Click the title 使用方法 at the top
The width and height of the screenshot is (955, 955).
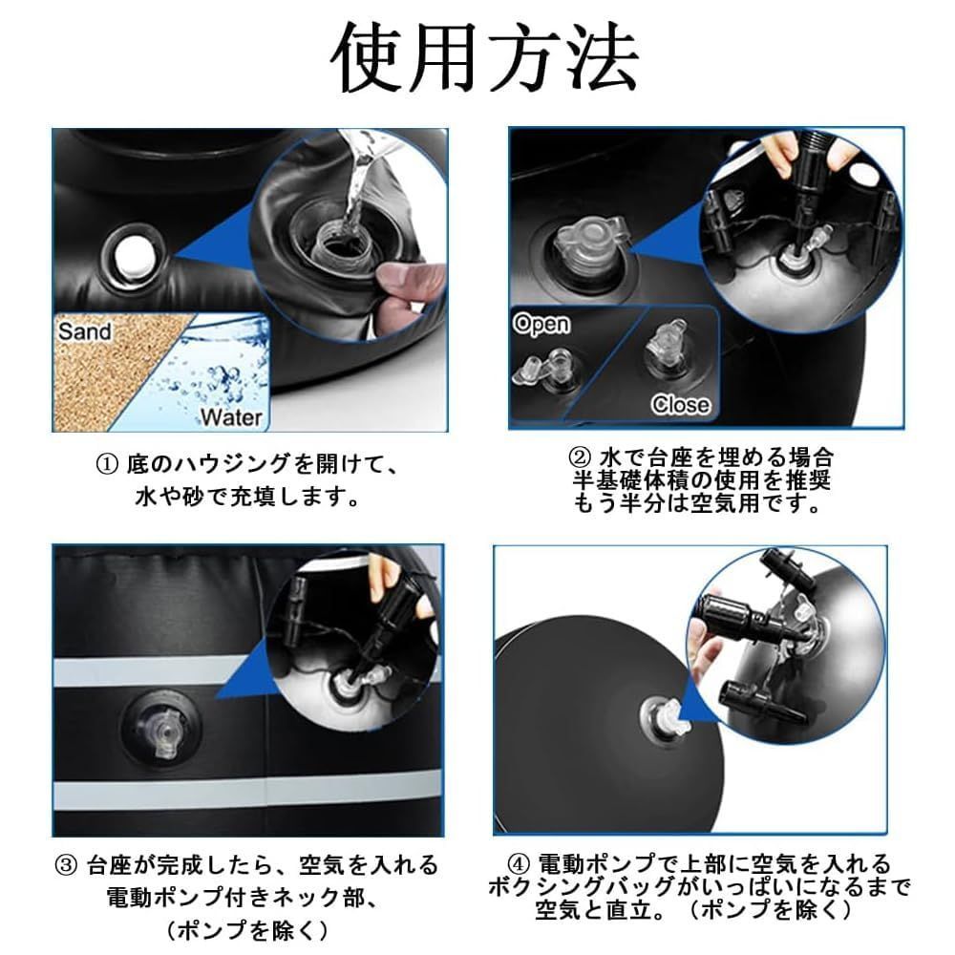pos(485,58)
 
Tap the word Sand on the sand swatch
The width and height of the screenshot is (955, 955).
pos(85,332)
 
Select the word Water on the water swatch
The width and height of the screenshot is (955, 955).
pos(231,417)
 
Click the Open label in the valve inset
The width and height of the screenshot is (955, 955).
pos(541,324)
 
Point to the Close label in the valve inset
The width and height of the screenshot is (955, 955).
pos(680,404)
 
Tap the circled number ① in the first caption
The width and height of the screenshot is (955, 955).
pos(107,466)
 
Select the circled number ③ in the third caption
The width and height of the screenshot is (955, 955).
pos(65,865)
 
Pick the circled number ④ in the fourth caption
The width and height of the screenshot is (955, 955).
pos(519,863)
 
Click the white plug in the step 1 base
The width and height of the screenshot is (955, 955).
pos(133,256)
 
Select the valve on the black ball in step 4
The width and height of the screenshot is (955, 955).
pos(666,719)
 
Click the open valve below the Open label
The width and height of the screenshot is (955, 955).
pos(546,369)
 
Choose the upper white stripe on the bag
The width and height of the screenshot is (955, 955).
pos(152,670)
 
